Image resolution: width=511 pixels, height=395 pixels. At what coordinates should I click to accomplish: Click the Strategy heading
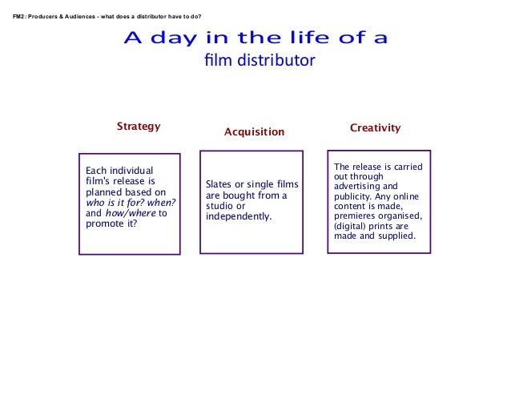(x=139, y=127)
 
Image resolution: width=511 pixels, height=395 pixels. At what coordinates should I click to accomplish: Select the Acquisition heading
(x=254, y=131)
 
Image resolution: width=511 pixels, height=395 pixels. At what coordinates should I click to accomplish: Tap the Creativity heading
(x=376, y=128)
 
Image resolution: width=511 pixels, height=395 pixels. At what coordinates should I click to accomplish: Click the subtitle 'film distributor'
(x=260, y=61)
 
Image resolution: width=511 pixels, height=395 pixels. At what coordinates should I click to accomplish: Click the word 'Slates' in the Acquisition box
(x=219, y=185)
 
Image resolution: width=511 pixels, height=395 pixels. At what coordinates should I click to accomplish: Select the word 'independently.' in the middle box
(x=239, y=216)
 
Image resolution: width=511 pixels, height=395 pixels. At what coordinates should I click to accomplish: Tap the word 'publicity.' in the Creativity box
(x=353, y=195)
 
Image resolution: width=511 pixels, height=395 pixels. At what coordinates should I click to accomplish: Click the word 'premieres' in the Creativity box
(x=356, y=216)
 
